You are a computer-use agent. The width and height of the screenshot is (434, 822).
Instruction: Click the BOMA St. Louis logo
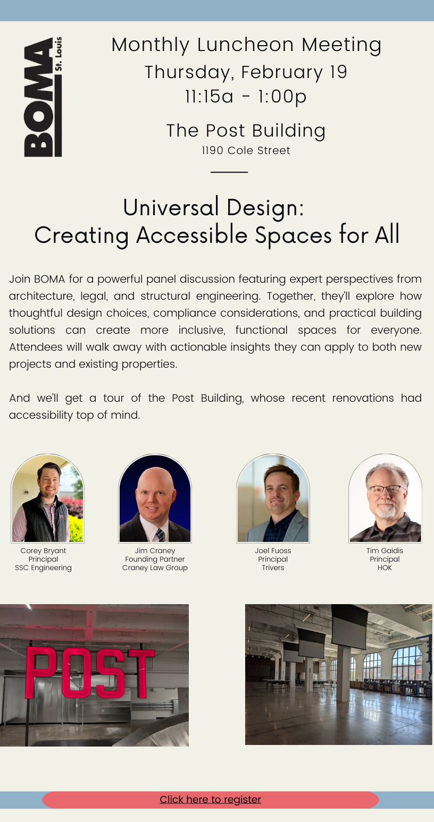click(43, 97)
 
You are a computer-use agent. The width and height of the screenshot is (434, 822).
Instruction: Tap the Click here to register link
click(211, 799)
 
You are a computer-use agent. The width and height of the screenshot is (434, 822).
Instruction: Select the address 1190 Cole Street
click(246, 150)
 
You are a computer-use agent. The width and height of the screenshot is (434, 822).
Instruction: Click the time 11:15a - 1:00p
click(246, 97)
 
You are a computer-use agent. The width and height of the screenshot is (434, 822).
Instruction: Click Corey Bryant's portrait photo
click(48, 498)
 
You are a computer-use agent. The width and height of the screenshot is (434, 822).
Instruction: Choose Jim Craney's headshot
click(155, 498)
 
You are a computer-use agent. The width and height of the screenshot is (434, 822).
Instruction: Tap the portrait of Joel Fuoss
click(273, 498)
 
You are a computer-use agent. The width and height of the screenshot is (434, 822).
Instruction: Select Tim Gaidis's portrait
click(385, 498)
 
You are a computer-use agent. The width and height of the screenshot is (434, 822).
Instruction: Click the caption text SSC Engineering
click(43, 567)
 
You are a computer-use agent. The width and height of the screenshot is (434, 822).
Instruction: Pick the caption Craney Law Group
click(155, 567)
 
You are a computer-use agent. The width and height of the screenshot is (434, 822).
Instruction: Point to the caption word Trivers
click(273, 567)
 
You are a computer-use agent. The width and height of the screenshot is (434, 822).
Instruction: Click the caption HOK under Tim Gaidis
click(385, 567)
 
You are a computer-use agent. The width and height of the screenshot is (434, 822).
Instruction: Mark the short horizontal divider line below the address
click(229, 172)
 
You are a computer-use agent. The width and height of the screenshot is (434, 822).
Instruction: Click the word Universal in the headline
click(171, 207)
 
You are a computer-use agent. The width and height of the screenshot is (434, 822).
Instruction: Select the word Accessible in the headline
click(192, 235)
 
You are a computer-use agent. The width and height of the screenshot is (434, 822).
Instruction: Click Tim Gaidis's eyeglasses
click(386, 489)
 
